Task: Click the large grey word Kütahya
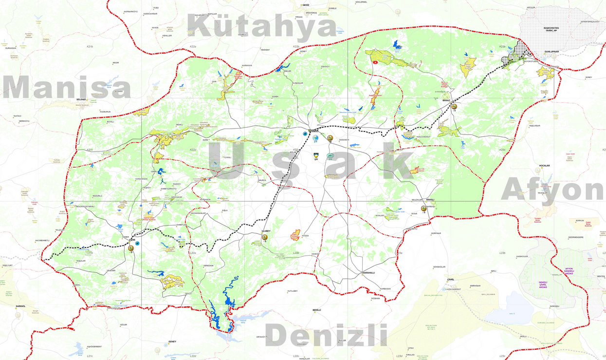pyautogui.click(x=262, y=27)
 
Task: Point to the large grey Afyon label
pyautogui.click(x=552, y=190)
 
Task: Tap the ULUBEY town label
pyautogui.click(x=265, y=230)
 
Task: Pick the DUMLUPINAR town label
pyautogui.click(x=551, y=51)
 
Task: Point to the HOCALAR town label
pyautogui.click(x=544, y=166)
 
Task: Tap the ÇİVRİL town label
pyautogui.click(x=450, y=280)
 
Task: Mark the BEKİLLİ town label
pyautogui.click(x=317, y=310)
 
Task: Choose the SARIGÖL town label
pyautogui.click(x=20, y=306)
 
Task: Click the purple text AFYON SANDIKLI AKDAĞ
pyautogui.click(x=569, y=271)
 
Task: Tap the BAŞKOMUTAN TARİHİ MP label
pyautogui.click(x=551, y=30)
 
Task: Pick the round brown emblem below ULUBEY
pyautogui.click(x=265, y=237)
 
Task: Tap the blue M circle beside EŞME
pyautogui.click(x=137, y=243)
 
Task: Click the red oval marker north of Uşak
pyautogui.click(x=375, y=62)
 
